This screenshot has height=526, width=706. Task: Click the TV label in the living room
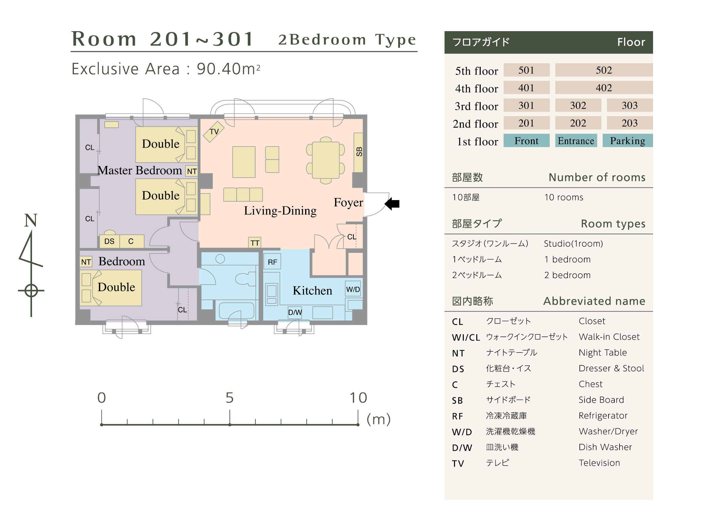pyautogui.click(x=214, y=131)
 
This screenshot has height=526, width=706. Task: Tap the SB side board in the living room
pyautogui.click(x=358, y=152)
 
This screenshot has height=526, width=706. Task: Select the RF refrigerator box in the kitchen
pyautogui.click(x=272, y=262)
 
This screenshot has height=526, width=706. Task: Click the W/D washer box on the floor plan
pyautogui.click(x=353, y=289)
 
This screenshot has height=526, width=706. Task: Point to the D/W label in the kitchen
pyautogui.click(x=295, y=312)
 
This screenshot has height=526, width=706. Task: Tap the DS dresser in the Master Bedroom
pyautogui.click(x=109, y=241)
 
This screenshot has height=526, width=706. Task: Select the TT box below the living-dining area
pyautogui.click(x=254, y=243)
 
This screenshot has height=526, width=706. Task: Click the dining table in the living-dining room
pyautogui.click(x=325, y=161)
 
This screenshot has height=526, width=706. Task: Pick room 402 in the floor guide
pyautogui.click(x=604, y=87)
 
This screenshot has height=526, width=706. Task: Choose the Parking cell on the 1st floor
pyautogui.click(x=627, y=140)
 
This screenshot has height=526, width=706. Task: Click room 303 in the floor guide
pyautogui.click(x=629, y=105)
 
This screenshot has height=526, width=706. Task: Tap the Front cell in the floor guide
pyautogui.click(x=526, y=140)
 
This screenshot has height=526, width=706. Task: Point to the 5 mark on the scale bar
pyautogui.click(x=230, y=398)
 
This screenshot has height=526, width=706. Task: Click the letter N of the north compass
pyautogui.click(x=31, y=220)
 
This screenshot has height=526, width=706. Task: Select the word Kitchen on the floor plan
pyautogui.click(x=312, y=290)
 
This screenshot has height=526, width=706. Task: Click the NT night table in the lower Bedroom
pyautogui.click(x=86, y=262)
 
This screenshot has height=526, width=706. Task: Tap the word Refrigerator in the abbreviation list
pyautogui.click(x=603, y=415)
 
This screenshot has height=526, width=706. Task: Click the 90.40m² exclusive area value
pyautogui.click(x=228, y=69)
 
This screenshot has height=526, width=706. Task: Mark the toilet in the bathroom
pyautogui.click(x=245, y=279)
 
